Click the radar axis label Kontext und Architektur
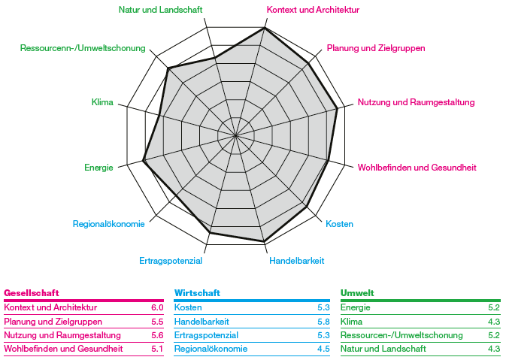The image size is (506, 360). pos(313,10)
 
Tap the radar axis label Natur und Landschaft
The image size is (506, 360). pos(161,10)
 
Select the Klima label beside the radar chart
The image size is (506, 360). pos(102,102)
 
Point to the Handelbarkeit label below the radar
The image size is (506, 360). pos(297,261)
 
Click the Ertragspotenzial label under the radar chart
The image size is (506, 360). pos(171,261)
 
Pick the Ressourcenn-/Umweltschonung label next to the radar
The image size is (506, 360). pos(83,48)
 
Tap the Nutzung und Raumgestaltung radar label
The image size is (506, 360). pos(416,102)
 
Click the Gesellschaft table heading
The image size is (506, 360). pos(32,292)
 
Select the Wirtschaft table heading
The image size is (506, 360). pos(197,292)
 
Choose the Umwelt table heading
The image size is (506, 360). pos(357,292)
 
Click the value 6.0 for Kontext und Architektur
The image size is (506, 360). pos(157,307)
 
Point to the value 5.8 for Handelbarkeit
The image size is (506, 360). pos(324,321)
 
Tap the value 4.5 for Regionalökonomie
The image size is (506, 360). pos(324,349)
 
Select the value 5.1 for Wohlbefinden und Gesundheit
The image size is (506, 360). pos(157,349)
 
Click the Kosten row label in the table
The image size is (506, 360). pos(188,307)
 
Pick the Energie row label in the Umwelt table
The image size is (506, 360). pos(355,307)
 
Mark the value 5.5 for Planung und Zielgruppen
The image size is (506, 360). pos(157,321)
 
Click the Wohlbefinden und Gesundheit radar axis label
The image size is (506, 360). pos(417,168)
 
